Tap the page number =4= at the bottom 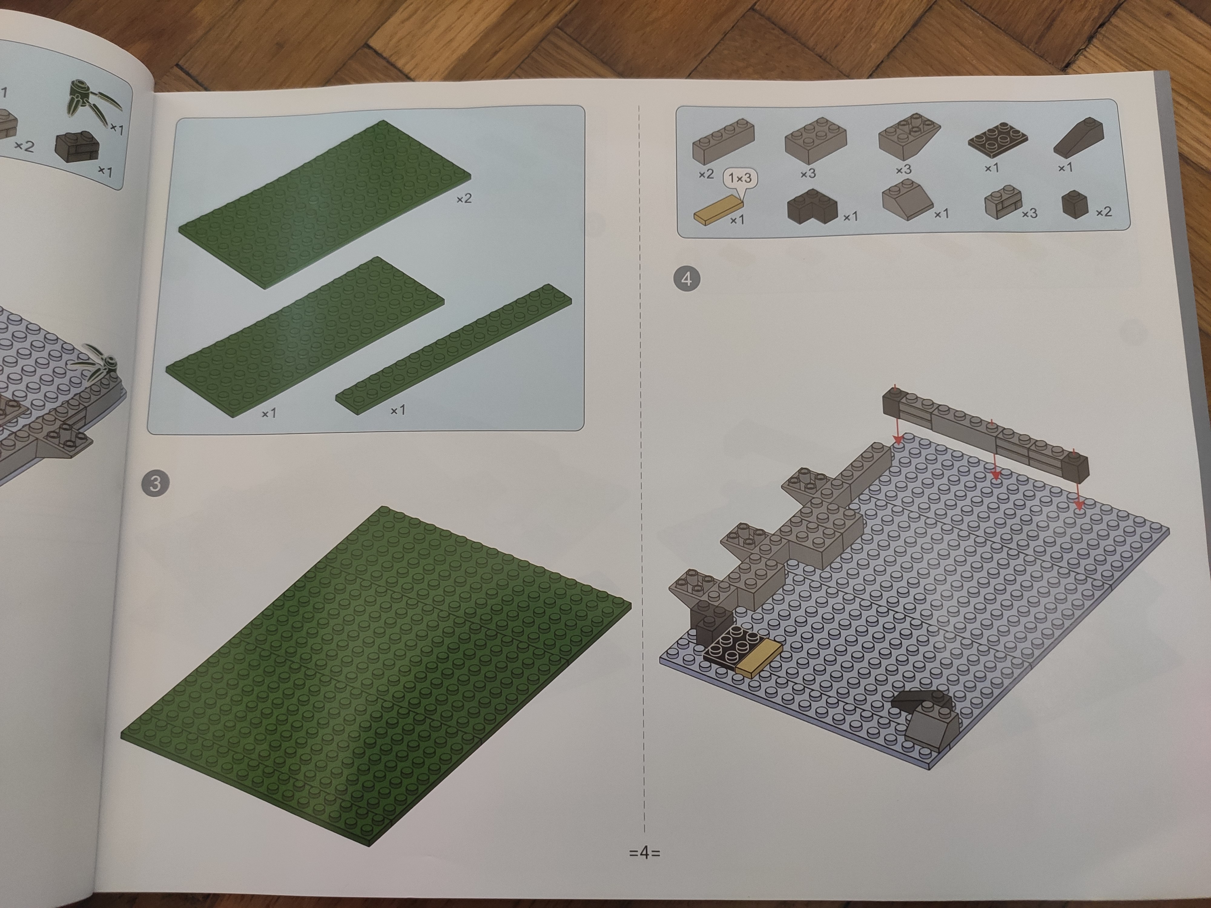645,852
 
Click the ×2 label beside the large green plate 464,198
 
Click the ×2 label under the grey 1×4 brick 706,174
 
